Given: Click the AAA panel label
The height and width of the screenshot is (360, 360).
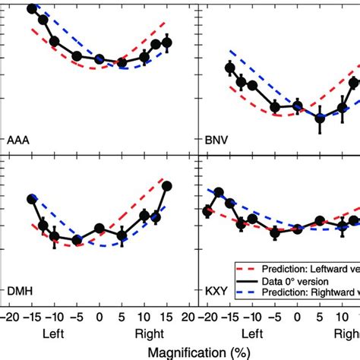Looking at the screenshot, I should point(21,140).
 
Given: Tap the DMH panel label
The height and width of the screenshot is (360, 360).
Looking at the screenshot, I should point(21,290).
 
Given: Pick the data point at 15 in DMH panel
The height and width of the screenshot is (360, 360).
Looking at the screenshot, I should point(167,186).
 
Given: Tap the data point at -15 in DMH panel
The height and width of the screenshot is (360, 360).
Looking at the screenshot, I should point(32,199).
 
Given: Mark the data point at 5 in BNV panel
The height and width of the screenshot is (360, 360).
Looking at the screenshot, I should point(320,118).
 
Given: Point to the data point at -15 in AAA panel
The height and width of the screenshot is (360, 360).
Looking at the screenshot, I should point(32,9).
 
